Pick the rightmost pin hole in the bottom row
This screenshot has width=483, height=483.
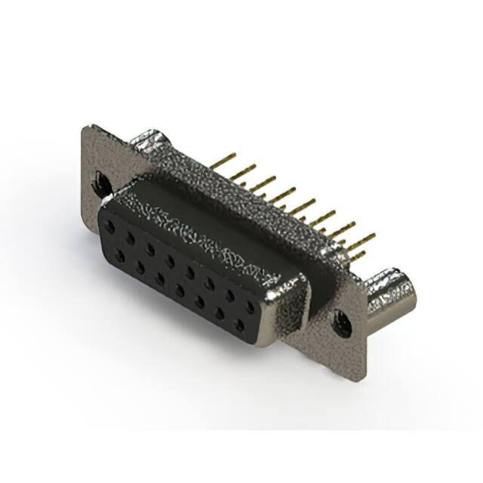(x=240, y=325)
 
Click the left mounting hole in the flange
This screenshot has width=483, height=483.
(x=99, y=181)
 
